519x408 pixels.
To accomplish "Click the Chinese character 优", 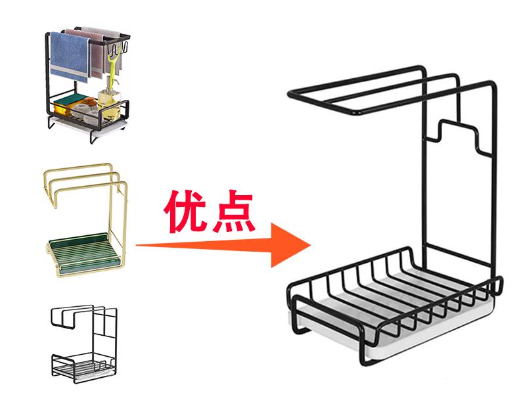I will [x=186, y=210].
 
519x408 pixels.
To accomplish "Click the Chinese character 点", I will [x=232, y=210].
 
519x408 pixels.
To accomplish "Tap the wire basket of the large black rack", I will [x=394, y=296].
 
